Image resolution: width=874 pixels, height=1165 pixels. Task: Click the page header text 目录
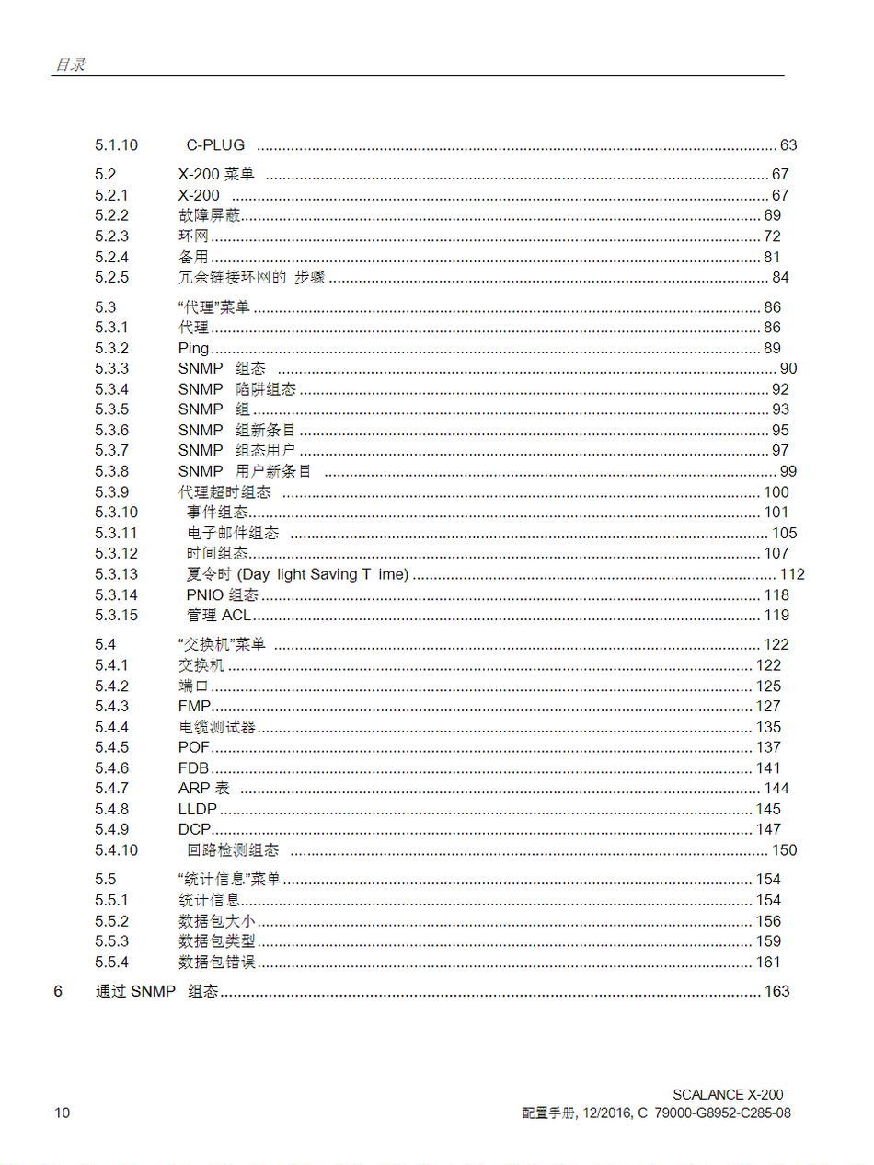tap(70, 64)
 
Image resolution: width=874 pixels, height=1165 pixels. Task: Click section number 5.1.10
tap(116, 144)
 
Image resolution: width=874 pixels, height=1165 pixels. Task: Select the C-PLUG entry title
tap(215, 144)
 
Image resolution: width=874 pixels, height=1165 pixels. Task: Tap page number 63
tap(788, 144)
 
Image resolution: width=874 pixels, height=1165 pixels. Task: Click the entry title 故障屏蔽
tap(210, 215)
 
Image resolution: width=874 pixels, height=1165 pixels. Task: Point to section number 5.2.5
tap(111, 277)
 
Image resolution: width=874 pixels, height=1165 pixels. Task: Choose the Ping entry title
tap(193, 348)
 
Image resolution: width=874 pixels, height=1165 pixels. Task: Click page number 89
tap(772, 348)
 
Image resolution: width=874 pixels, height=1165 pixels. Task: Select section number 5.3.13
tap(116, 574)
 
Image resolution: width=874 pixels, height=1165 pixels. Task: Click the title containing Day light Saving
tap(297, 574)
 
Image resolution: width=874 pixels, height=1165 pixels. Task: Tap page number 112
tap(792, 574)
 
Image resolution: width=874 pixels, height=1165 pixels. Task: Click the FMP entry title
tap(194, 706)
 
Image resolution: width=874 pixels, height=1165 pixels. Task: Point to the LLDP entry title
tap(198, 809)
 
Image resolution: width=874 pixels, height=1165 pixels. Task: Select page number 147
tap(768, 829)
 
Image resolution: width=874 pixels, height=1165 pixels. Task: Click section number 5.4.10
tap(116, 850)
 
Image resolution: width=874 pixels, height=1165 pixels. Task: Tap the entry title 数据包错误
tap(216, 962)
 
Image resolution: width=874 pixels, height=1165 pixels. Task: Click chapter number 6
tap(59, 991)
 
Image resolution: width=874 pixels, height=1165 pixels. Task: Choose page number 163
tap(776, 991)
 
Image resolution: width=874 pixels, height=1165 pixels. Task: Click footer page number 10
tap(62, 1113)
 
